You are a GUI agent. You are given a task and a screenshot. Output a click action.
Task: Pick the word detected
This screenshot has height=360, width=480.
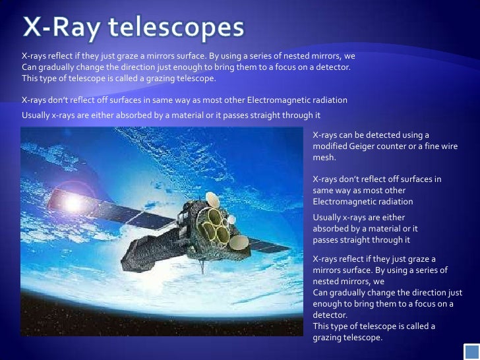point(388,135)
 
